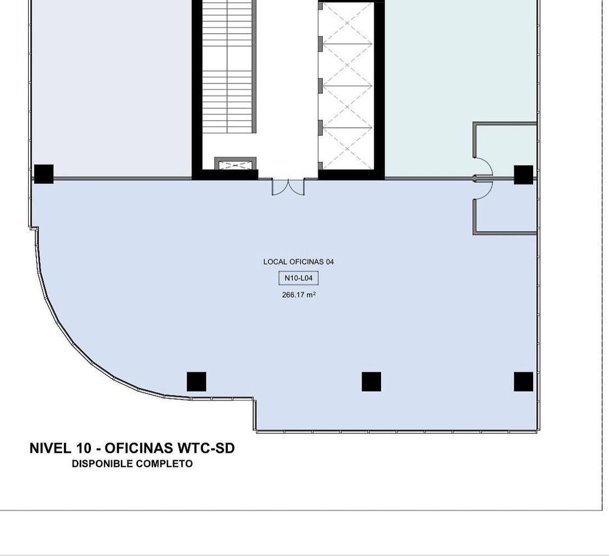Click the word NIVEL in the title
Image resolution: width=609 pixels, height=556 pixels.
[x=51, y=448]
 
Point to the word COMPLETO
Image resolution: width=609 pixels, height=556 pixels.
[x=165, y=464]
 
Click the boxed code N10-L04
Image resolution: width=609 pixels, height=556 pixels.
[x=299, y=278]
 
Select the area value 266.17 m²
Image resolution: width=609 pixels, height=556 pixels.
[x=299, y=295]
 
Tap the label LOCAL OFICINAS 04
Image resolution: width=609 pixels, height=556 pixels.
[x=299, y=261]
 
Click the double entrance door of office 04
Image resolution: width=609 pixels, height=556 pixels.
[x=288, y=187]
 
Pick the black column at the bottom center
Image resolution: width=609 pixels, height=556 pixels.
[x=372, y=382]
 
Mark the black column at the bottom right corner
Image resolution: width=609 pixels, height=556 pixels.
[x=524, y=382]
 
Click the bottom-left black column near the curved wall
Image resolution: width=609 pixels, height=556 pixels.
[x=196, y=382]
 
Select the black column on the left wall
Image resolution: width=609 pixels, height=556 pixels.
[x=44, y=174]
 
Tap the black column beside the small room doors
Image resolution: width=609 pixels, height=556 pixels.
[x=524, y=174]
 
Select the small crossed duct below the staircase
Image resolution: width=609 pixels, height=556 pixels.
[x=236, y=165]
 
